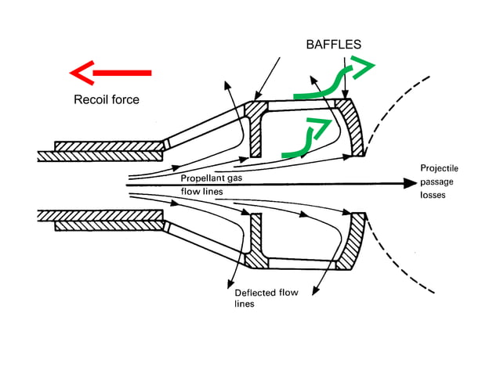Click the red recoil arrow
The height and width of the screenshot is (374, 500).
[x=110, y=74]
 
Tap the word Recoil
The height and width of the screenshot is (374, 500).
[x=91, y=99]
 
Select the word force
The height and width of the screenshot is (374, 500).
[x=124, y=99]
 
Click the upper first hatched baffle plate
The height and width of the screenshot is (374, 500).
[x=255, y=128]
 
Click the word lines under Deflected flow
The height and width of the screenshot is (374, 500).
[x=245, y=305]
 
